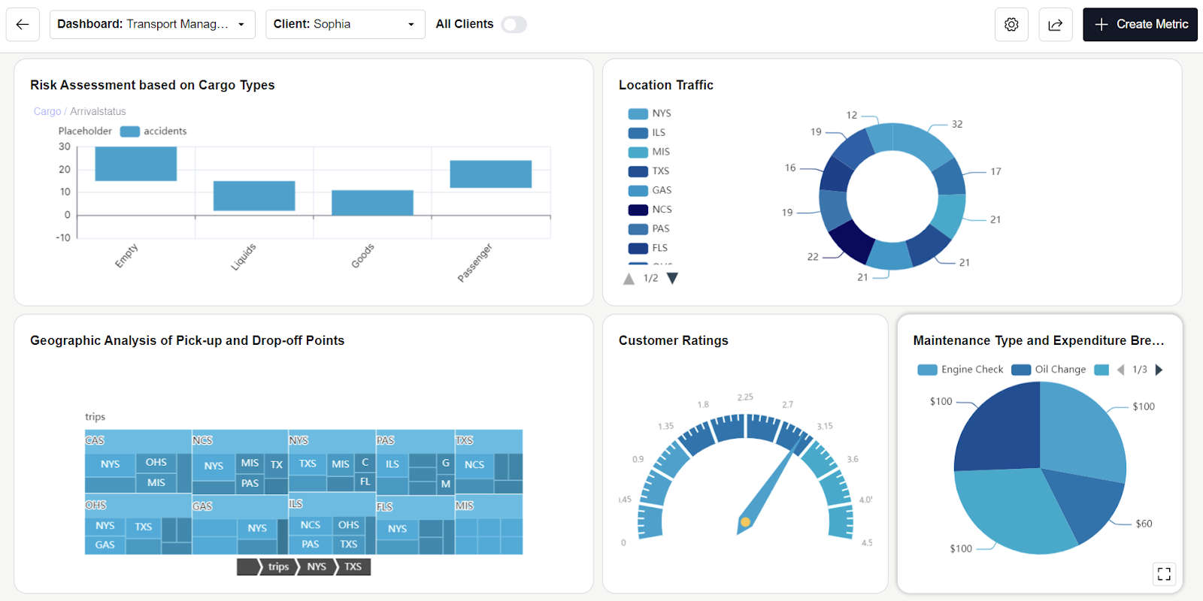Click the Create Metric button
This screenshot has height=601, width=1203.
(1140, 25)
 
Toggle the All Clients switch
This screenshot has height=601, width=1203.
(514, 25)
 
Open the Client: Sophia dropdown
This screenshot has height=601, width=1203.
(344, 25)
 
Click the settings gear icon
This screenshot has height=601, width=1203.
(1011, 25)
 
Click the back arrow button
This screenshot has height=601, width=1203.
(23, 25)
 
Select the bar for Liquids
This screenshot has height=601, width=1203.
(254, 196)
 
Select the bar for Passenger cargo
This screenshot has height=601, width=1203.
(490, 174)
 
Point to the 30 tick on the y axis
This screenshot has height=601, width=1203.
(65, 147)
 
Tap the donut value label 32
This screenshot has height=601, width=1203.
(957, 125)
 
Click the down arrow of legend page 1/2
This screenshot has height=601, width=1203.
(673, 279)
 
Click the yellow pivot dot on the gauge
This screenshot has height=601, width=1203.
(745, 522)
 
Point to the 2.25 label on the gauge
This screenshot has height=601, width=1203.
(745, 397)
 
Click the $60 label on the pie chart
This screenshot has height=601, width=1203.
(1144, 524)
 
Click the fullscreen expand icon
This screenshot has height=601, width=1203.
(1164, 574)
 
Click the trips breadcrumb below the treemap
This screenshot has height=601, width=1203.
(278, 567)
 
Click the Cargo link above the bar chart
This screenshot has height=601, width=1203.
(47, 112)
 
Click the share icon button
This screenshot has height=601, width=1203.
(1056, 25)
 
